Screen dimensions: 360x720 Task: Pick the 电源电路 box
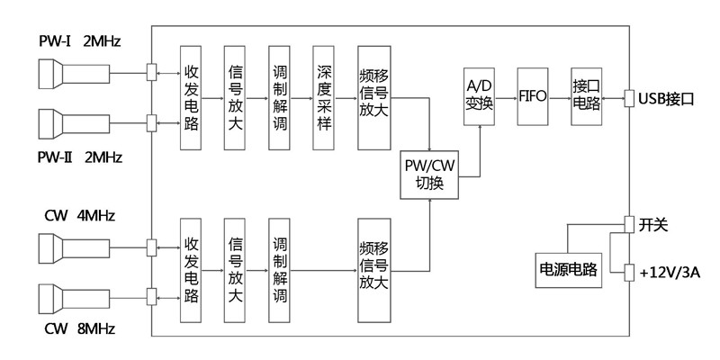point(568,268)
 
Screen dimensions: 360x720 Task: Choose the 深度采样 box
point(325,97)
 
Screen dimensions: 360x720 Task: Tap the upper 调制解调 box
point(279,97)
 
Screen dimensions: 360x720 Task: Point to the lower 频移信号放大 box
point(373,269)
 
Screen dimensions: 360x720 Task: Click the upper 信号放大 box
point(235,97)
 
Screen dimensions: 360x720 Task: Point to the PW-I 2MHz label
point(78,41)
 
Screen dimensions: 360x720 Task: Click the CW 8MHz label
point(78,330)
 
